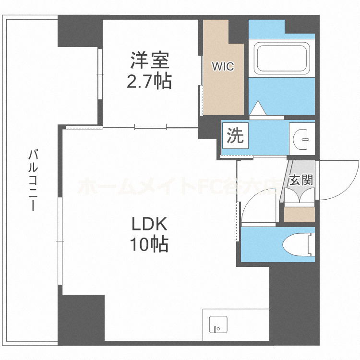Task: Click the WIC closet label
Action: [x=223, y=67]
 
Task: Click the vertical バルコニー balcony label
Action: [x=33, y=180]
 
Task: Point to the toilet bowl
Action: [x=298, y=245]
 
